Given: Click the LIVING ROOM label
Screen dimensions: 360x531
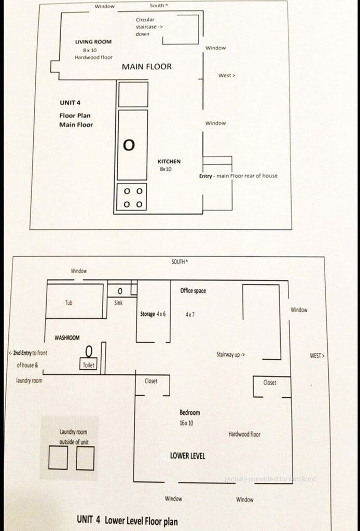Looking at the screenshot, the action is pos(93,41).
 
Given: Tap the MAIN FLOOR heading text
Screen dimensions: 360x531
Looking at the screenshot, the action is pos(146,67).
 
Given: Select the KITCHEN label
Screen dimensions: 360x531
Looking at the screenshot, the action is pos(169,162).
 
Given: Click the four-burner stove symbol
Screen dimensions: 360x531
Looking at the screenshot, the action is pos(132,198).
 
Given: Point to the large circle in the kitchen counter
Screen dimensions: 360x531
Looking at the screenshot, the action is pos(129,145).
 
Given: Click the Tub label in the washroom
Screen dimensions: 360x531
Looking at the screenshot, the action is pos(68,302).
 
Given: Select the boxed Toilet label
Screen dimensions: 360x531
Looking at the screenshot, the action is pos(88,365).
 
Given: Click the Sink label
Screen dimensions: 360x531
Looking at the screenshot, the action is pos(118,303).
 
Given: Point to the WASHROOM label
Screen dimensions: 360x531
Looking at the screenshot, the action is pos(67,338).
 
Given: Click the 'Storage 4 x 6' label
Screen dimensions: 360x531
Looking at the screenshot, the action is pos(153,314).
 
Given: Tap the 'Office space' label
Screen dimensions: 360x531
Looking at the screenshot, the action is pos(193,291).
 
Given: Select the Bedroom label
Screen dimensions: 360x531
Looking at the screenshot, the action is pos(189,413).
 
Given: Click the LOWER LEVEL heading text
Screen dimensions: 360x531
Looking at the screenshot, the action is pos(187,456).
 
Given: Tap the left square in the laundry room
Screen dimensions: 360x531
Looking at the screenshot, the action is pos(58,458).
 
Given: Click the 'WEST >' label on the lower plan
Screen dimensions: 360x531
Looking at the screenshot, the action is pos(317,356).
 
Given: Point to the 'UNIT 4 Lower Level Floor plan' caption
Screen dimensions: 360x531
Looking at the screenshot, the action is pos(127,520).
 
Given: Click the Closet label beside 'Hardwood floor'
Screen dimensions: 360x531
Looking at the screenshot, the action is pos(270,383).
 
